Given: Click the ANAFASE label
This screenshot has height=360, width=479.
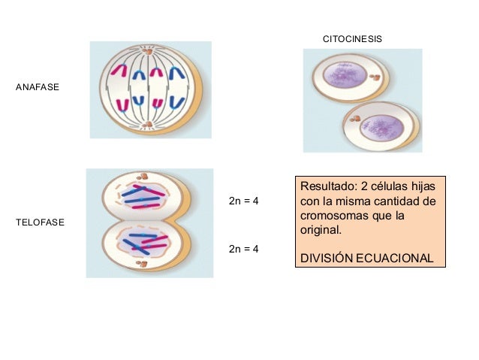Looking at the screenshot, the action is (37, 88).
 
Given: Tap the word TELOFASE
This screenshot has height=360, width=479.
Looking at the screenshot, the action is (40, 223).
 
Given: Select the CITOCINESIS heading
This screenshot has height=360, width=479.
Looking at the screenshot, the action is (352, 38).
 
